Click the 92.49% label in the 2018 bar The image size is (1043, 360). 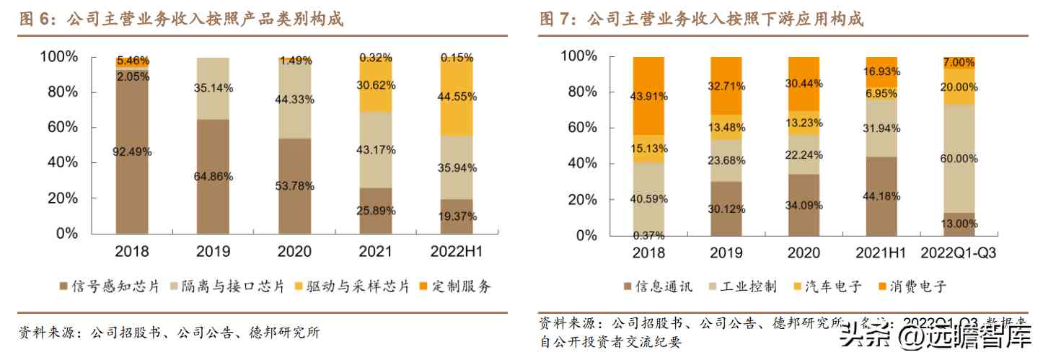point(132,152)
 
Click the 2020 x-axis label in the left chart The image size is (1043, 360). point(295,252)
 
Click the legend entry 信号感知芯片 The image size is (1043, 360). point(109,286)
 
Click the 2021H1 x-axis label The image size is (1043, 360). point(881,253)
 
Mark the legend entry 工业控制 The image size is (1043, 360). point(742,287)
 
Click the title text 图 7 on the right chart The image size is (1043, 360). point(558,19)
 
